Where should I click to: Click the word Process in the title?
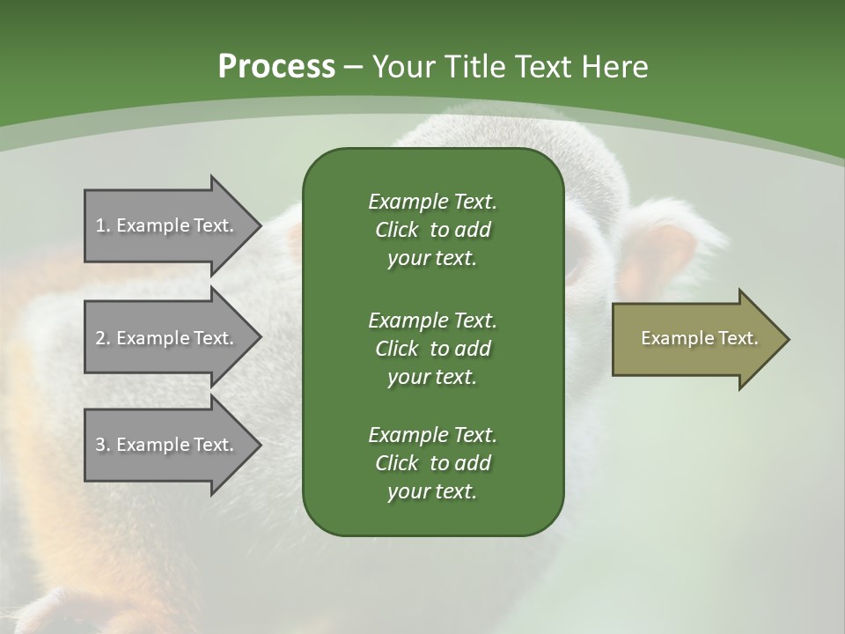pos(276,67)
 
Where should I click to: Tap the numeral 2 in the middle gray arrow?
pos(100,338)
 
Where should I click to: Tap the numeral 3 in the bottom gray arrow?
pos(100,445)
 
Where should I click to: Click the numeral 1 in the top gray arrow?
pos(99,225)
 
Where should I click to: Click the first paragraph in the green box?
pos(432,230)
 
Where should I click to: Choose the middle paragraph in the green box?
pos(432,348)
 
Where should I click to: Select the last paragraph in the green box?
pos(432,463)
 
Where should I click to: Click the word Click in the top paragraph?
pos(396,230)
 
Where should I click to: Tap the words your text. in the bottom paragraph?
pos(432,491)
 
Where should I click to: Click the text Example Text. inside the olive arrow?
pos(699,338)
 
